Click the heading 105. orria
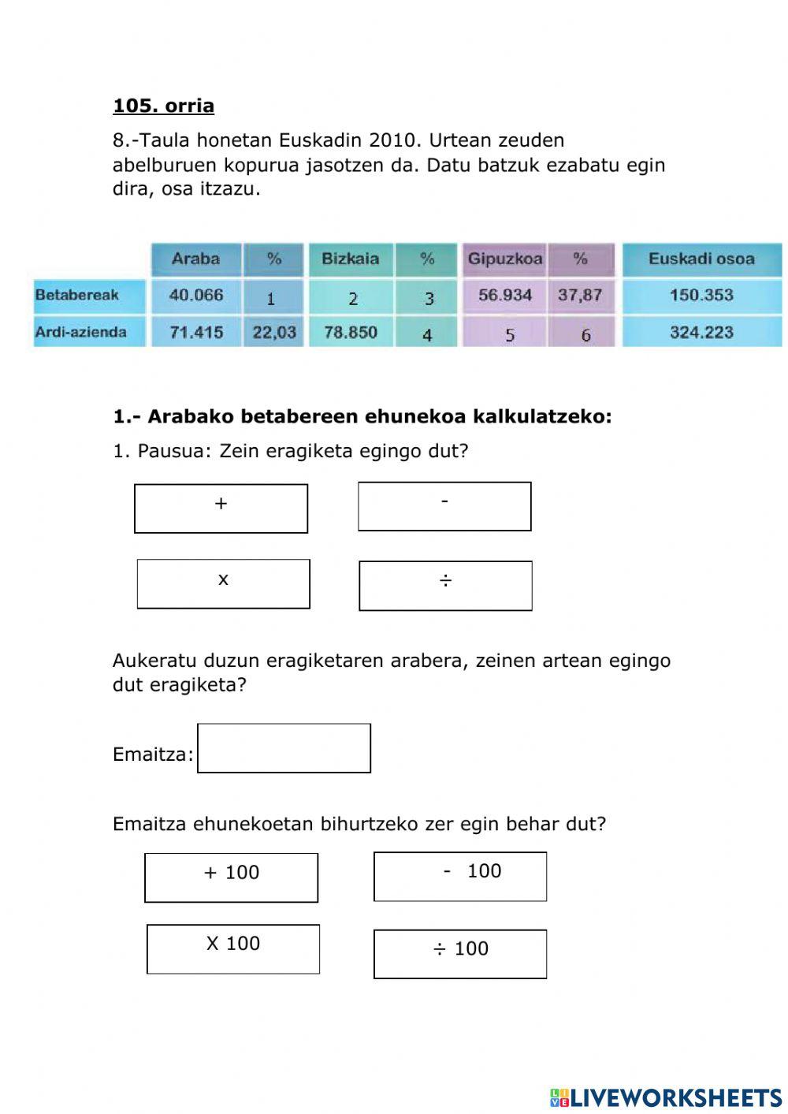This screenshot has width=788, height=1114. coord(163,106)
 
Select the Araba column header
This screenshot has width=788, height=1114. coord(195,259)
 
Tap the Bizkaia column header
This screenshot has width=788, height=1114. coord(350,259)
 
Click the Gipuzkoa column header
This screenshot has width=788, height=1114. coord(504,259)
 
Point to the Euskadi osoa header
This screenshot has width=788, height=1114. coord(701,259)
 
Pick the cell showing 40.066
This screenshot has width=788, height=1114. coord(195,295)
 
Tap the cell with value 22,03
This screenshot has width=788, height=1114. coord(273,332)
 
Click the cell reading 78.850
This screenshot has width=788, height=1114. coord(350,332)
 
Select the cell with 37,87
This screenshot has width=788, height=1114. coord(579,295)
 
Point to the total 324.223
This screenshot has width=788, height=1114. coord(701,332)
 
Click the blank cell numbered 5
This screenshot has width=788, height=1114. coord(509,334)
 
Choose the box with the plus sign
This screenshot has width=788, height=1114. coord(221,509)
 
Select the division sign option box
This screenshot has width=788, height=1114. coord(445,586)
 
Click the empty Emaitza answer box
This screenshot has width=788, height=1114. coord(284,748)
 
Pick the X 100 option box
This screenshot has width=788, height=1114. coord(232,949)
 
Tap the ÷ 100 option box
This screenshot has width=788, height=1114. coord(459,954)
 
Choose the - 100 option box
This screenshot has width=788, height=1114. coord(459,876)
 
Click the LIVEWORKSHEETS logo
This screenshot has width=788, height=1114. coord(666,1097)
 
